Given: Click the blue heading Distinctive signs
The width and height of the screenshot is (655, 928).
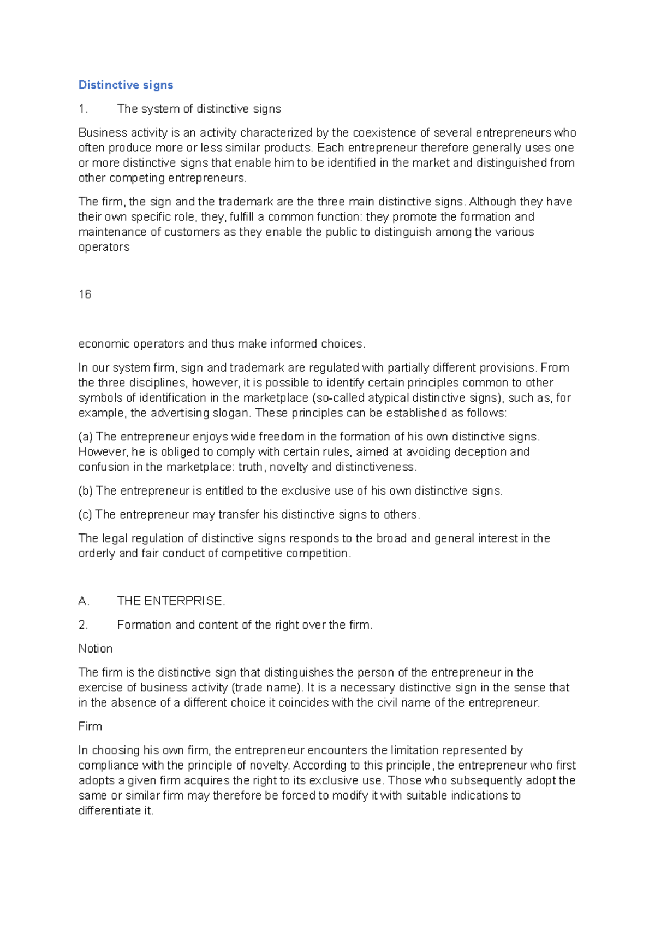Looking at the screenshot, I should pyautogui.click(x=126, y=85).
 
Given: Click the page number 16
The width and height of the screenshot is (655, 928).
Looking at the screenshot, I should pyautogui.click(x=85, y=295).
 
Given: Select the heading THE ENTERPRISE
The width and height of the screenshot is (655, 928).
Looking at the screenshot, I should pyautogui.click(x=171, y=601).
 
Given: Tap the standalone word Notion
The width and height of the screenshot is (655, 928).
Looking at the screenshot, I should pyautogui.click(x=96, y=649).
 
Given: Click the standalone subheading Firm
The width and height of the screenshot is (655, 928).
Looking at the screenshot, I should pyautogui.click(x=90, y=726).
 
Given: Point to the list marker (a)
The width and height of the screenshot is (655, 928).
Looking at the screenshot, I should pyautogui.click(x=86, y=437).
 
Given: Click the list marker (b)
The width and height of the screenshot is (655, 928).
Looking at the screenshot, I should pyautogui.click(x=86, y=491).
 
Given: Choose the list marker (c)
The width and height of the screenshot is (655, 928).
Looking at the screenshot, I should pyautogui.click(x=85, y=515).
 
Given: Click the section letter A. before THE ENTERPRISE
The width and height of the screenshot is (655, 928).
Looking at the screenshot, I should pyautogui.click(x=84, y=601).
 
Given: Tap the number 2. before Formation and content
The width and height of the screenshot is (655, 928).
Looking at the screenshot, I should pyautogui.click(x=83, y=625).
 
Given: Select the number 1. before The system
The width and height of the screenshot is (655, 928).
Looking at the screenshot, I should pyautogui.click(x=83, y=109).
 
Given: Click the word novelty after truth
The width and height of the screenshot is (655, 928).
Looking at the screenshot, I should pyautogui.click(x=289, y=467).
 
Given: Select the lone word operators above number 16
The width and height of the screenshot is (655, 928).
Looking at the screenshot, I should pyautogui.click(x=104, y=247).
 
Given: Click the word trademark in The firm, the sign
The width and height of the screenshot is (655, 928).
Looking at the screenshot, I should pyautogui.click(x=245, y=202).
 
